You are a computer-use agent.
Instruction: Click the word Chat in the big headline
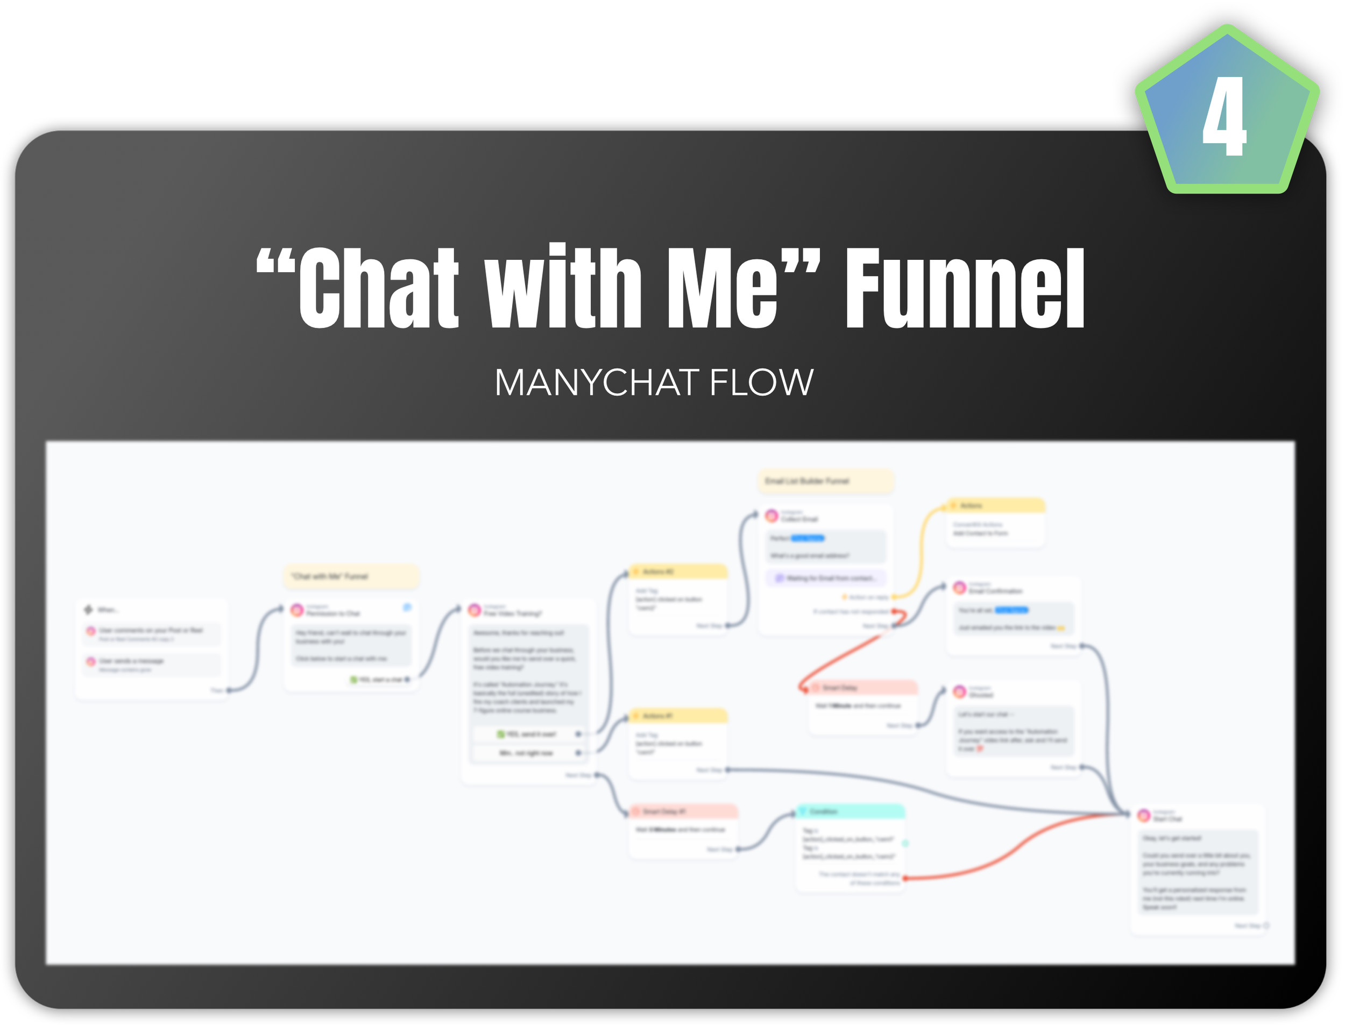(x=378, y=288)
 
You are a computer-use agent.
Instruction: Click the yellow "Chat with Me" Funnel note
(x=351, y=576)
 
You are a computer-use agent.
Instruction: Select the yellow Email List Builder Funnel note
(x=825, y=481)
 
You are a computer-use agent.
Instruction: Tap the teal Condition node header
(x=851, y=811)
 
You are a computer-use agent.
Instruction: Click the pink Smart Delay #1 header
(x=683, y=811)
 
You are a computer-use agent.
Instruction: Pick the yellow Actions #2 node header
(x=678, y=571)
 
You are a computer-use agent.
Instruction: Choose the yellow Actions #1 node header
(x=678, y=716)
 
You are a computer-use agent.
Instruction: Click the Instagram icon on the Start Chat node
(x=1144, y=815)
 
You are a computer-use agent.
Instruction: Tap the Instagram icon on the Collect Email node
(x=771, y=516)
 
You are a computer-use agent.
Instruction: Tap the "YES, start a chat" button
(x=378, y=679)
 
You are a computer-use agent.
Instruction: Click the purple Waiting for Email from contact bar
(x=825, y=578)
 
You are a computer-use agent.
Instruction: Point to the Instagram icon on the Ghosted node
(x=959, y=691)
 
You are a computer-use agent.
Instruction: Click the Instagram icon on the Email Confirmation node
(x=959, y=588)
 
